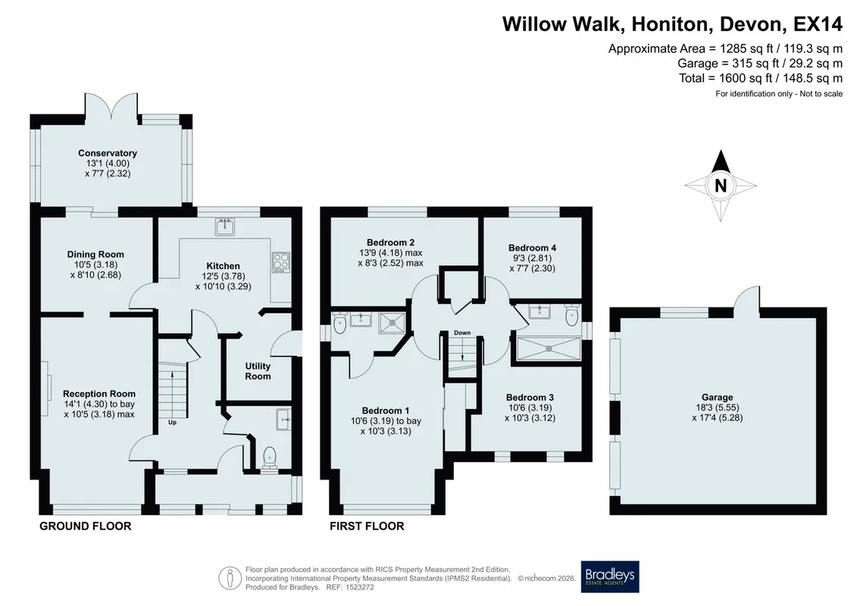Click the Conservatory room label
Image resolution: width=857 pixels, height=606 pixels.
pos(107,153)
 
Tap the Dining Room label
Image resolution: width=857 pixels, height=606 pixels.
pos(95,254)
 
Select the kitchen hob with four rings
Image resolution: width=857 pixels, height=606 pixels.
pos(281,262)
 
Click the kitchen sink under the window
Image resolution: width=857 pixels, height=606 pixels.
pos(224,226)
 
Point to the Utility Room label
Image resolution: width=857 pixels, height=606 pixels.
pos(258,371)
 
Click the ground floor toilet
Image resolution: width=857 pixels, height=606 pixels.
pos(270,458)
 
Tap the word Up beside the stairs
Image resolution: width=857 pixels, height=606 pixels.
pos(172,422)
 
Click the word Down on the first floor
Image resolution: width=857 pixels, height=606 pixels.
pos(461,333)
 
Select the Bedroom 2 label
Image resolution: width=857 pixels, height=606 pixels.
pos(391,242)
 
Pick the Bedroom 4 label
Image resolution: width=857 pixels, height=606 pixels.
pos(533,248)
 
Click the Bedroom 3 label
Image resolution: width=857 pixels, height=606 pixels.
pos(530,397)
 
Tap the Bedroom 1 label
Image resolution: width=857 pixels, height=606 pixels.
pos(386,411)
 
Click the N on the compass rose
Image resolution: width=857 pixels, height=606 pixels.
pos(721,186)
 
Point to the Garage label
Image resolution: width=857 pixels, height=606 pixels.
pos(717,397)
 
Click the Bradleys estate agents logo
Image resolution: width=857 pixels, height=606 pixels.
pos(609,576)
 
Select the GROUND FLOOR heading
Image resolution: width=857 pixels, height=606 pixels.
pos(86,526)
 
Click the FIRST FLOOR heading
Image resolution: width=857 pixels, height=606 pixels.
pos(367,526)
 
